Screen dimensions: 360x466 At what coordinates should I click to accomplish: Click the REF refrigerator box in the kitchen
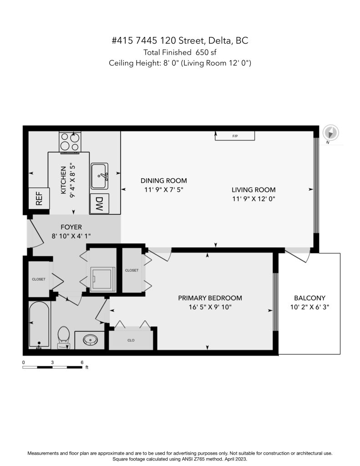(39, 198)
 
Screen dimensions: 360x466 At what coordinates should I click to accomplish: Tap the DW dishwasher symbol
(99, 203)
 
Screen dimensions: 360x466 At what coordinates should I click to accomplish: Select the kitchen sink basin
(99, 176)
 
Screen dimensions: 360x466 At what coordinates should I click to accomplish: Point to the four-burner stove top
(70, 142)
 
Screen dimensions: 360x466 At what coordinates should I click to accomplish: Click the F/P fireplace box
(235, 136)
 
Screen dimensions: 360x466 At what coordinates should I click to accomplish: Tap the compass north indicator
(331, 132)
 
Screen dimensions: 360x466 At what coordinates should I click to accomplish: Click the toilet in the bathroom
(63, 337)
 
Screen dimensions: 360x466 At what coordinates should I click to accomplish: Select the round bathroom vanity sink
(91, 339)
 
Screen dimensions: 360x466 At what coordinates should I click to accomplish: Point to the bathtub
(39, 324)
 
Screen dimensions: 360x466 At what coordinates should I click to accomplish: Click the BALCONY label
(309, 298)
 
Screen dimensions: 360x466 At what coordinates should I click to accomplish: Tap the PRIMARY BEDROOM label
(210, 298)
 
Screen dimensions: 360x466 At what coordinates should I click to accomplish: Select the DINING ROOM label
(163, 180)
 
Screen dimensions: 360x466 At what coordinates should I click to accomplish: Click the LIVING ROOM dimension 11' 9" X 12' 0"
(254, 198)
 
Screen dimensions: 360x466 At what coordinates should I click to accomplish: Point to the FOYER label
(71, 227)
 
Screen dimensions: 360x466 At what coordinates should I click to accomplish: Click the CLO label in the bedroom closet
(131, 340)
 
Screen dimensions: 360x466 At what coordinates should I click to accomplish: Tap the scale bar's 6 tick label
(82, 362)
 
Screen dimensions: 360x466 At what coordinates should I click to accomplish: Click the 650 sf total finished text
(206, 52)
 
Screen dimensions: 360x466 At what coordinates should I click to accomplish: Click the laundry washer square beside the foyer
(102, 279)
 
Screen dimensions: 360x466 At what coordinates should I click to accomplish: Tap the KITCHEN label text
(63, 180)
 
